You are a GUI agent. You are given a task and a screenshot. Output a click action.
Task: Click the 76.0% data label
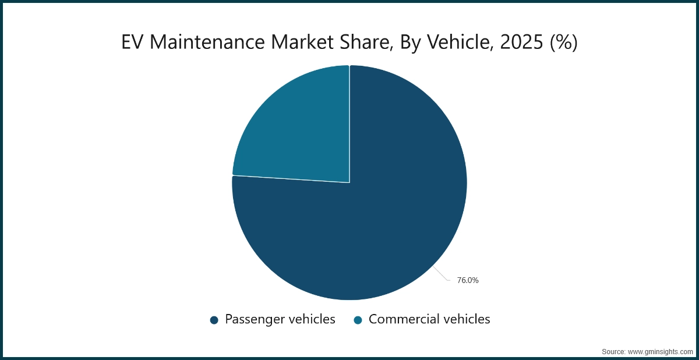pyautogui.click(x=467, y=280)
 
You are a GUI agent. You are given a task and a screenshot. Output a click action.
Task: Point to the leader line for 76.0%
pyautogui.click(x=442, y=275)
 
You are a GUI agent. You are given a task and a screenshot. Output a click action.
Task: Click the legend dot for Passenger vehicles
pyautogui.click(x=214, y=320)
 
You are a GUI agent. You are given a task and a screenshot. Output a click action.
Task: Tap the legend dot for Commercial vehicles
pyautogui.click(x=358, y=320)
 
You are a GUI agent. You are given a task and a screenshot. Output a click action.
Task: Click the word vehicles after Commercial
pyautogui.click(x=463, y=319)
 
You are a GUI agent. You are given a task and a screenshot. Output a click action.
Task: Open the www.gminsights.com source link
pyautogui.click(x=660, y=352)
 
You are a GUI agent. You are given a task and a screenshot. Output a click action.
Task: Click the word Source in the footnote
pyautogui.click(x=613, y=352)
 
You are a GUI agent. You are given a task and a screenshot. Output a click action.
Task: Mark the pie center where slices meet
pyautogui.click(x=349, y=182)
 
